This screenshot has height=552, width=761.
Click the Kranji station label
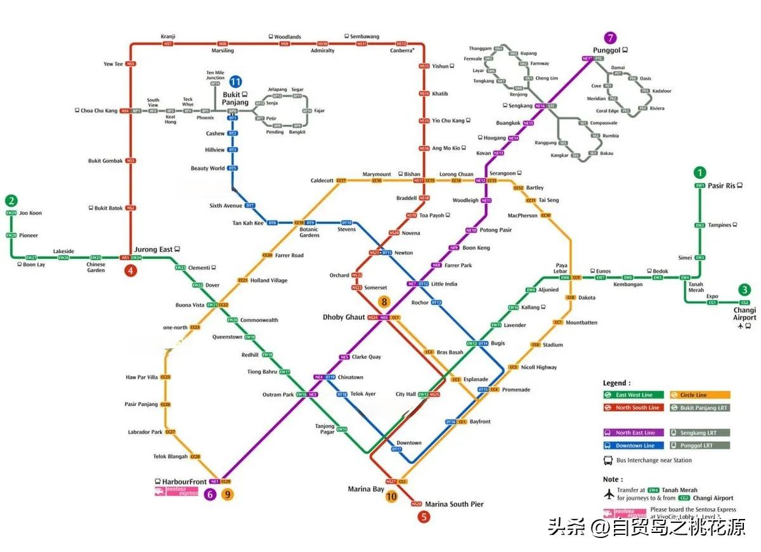coord(168,37)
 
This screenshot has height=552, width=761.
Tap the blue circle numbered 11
coord(235,81)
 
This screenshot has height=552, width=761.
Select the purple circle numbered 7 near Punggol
coord(611,37)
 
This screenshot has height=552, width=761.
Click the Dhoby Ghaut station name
coord(344,317)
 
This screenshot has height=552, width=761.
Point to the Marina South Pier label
coord(454,504)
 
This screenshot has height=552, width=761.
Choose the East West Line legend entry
coord(634,395)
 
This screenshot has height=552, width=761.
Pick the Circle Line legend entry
coord(700,395)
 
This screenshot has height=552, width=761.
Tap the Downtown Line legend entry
coord(634,446)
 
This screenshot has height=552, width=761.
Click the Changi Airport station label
coord(745,313)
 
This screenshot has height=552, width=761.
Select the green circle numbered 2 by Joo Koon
coord(12,199)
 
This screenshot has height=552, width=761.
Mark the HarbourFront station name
coord(184,482)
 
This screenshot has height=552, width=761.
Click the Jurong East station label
coord(153,249)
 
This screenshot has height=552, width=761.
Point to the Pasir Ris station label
coord(721,186)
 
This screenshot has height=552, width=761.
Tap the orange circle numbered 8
coord(384,302)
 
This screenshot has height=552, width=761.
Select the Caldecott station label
coord(322,181)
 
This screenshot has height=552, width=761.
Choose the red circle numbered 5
coord(424,516)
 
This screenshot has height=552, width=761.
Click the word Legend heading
coord(616,383)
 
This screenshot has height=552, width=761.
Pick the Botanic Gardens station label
coord(309,232)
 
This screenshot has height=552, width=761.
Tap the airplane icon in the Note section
coord(610,494)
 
